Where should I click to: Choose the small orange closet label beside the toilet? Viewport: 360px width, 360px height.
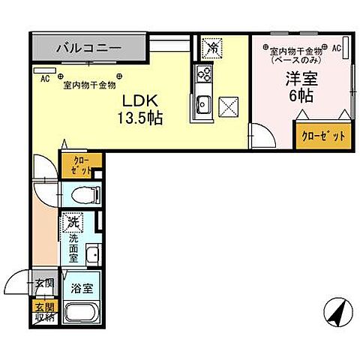click(78, 166)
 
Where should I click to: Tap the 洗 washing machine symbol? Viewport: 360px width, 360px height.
click(73, 221)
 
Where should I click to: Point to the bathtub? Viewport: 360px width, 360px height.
click(80, 313)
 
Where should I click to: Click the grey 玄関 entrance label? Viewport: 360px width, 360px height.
click(44, 283)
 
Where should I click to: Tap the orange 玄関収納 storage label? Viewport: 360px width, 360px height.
click(43, 311)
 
